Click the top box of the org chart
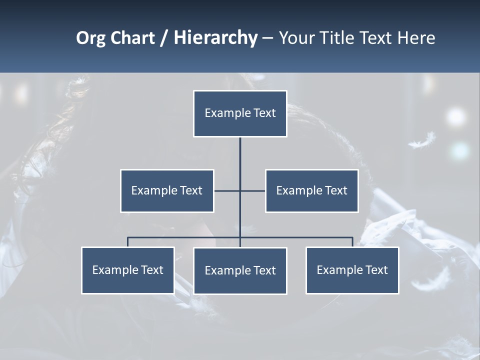click(x=240, y=113)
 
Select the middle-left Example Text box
click(x=167, y=190)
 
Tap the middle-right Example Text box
click(x=311, y=190)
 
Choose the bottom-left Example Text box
click(x=127, y=270)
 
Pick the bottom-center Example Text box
click(x=240, y=270)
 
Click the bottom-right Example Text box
click(x=352, y=270)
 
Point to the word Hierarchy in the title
click(x=215, y=38)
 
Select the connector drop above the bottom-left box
click(x=127, y=242)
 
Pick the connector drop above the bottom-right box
click(x=352, y=242)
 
